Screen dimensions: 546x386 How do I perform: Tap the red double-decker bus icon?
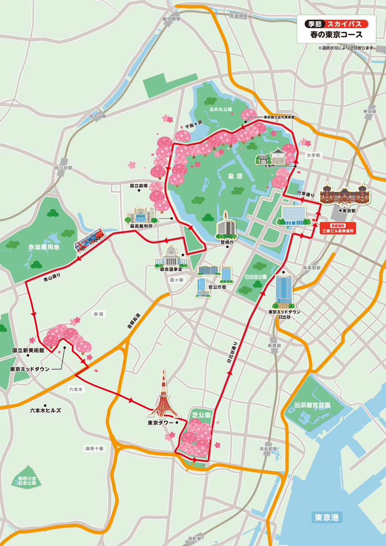[89, 240]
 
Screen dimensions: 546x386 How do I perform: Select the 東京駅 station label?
[349, 210]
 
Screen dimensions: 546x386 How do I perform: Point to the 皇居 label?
[235, 176]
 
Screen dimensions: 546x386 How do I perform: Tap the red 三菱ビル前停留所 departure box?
[338, 229]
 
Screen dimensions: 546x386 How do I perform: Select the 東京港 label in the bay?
[326, 517]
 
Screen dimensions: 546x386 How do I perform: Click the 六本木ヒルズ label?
[45, 410]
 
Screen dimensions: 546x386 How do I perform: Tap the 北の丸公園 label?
[221, 109]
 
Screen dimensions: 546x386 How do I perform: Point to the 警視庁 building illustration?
[226, 226]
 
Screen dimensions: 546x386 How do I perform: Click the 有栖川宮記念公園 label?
[27, 480]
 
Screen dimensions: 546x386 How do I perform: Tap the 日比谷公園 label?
[256, 277]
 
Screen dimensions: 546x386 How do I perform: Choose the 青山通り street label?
[52, 277]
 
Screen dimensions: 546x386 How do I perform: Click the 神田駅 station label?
[370, 111]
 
